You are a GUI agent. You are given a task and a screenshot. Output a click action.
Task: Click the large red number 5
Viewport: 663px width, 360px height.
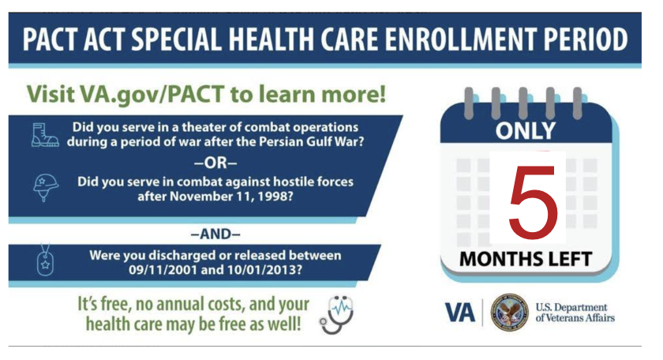tap(533, 201)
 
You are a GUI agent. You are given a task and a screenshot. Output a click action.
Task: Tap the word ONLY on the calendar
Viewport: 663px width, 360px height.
tap(526, 131)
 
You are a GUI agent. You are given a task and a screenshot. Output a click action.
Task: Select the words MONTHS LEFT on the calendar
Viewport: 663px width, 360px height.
tap(526, 259)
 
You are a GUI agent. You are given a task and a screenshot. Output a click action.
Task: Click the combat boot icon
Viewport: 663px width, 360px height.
tap(45, 135)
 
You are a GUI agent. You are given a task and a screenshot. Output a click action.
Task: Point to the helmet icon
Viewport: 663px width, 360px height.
tap(45, 187)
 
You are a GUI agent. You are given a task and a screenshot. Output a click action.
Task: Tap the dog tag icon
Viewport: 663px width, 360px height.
tap(45, 261)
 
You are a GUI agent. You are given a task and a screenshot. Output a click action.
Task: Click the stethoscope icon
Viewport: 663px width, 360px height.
tap(336, 315)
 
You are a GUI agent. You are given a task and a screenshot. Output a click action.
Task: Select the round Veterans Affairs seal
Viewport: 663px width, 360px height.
tap(510, 313)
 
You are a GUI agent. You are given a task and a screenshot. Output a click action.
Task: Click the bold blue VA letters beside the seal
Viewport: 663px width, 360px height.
tap(460, 313)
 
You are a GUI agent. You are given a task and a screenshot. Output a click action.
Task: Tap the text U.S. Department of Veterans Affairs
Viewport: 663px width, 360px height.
tap(575, 313)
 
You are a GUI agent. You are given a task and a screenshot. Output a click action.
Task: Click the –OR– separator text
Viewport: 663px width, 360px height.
tap(215, 163)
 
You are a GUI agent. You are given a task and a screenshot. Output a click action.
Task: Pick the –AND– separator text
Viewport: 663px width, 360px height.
tap(215, 234)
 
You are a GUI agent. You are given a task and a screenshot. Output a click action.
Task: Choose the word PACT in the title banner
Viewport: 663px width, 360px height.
tap(51, 39)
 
